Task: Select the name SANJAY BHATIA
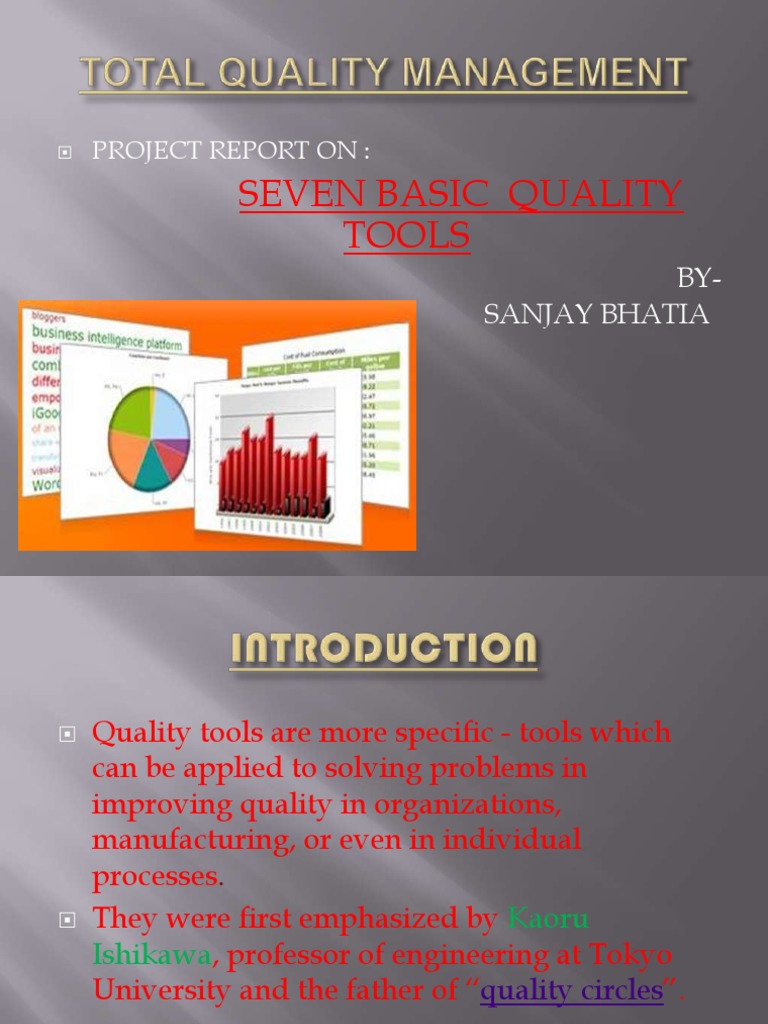[596, 315]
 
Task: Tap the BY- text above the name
[692, 279]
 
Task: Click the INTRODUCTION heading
[384, 651]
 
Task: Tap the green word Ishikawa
[151, 955]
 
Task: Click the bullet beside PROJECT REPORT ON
[66, 153]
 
